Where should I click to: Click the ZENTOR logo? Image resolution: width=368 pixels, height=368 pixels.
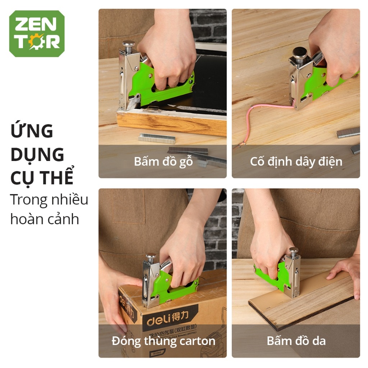click(x=37, y=34)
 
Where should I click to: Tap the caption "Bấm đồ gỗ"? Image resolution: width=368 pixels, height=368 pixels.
click(x=163, y=161)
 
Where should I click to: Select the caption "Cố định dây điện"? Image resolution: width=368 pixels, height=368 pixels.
click(x=296, y=161)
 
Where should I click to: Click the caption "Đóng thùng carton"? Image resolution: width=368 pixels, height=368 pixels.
click(x=163, y=341)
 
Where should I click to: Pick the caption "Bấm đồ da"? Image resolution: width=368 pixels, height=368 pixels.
click(x=296, y=341)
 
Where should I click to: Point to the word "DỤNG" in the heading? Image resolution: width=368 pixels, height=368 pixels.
click(x=37, y=155)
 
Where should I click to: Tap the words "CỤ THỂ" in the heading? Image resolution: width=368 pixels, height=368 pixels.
click(x=42, y=178)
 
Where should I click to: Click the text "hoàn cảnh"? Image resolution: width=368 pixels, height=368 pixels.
click(x=44, y=219)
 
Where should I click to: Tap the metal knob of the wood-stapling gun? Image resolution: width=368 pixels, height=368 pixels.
click(x=128, y=45)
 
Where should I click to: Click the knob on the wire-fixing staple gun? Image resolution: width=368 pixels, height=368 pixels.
click(x=299, y=52)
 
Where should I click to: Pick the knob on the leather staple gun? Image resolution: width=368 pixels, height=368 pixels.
click(x=294, y=250)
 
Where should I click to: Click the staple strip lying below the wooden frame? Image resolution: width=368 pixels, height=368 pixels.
click(x=157, y=138)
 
